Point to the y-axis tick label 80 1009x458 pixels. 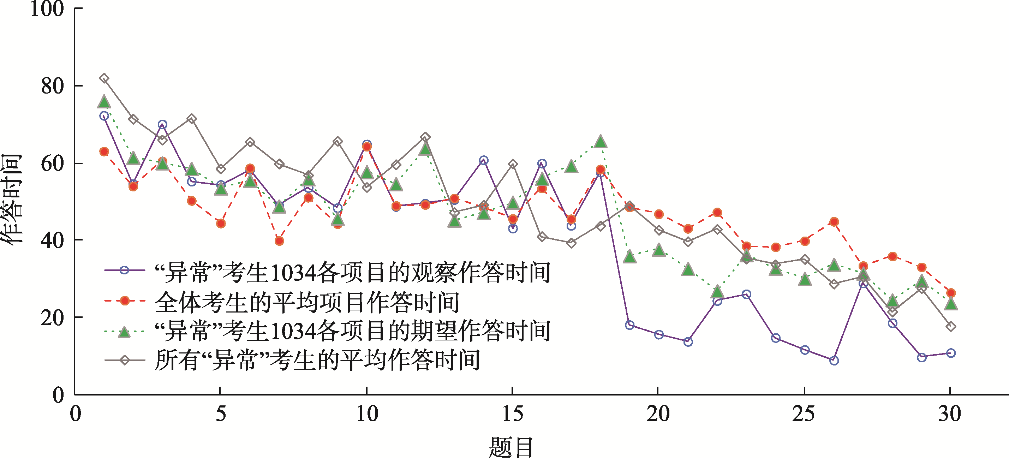coord(53,86)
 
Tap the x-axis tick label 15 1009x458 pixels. coord(512,414)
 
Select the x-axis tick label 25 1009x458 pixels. coord(804,414)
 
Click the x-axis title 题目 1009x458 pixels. coord(511,447)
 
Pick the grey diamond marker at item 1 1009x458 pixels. coord(104,78)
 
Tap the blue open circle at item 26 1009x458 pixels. coord(834,361)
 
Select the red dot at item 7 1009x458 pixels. coord(279,241)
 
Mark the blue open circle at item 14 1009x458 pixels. coord(484,160)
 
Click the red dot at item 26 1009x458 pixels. coord(834,222)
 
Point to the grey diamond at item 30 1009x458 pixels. coord(951,326)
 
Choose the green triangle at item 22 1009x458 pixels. coord(717,291)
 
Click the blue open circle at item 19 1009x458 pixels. coord(630,325)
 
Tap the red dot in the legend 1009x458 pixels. coord(125,301)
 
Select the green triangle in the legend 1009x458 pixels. coord(125,332)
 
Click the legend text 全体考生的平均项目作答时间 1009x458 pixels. coord(307,302)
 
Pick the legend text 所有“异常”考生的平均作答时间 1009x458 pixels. coord(317,360)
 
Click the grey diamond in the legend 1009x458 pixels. coord(125,360)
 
